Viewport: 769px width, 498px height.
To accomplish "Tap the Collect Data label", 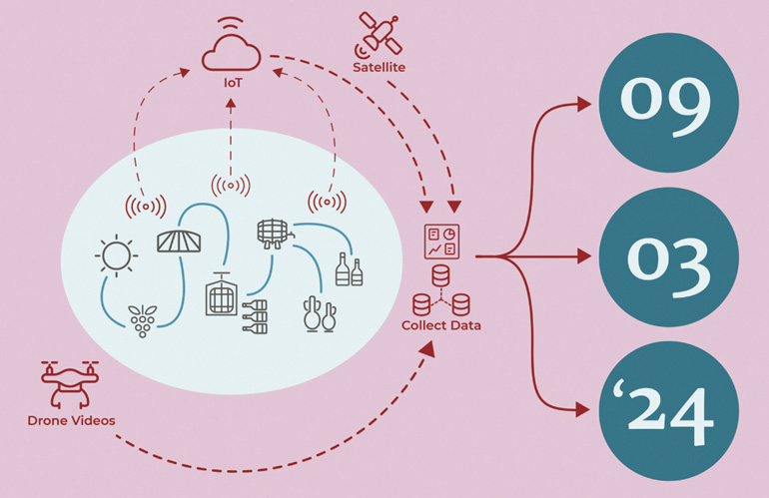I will (440, 326).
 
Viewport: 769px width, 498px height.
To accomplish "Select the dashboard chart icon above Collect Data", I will (441, 243).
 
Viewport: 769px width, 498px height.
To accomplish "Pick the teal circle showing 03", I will (668, 256).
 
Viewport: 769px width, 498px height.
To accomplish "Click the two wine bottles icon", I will (349, 269).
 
